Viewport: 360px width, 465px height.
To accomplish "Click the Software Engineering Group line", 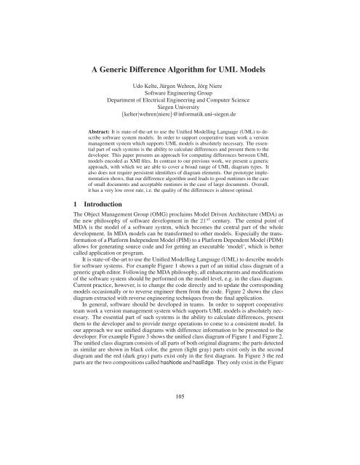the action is tap(180, 97).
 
